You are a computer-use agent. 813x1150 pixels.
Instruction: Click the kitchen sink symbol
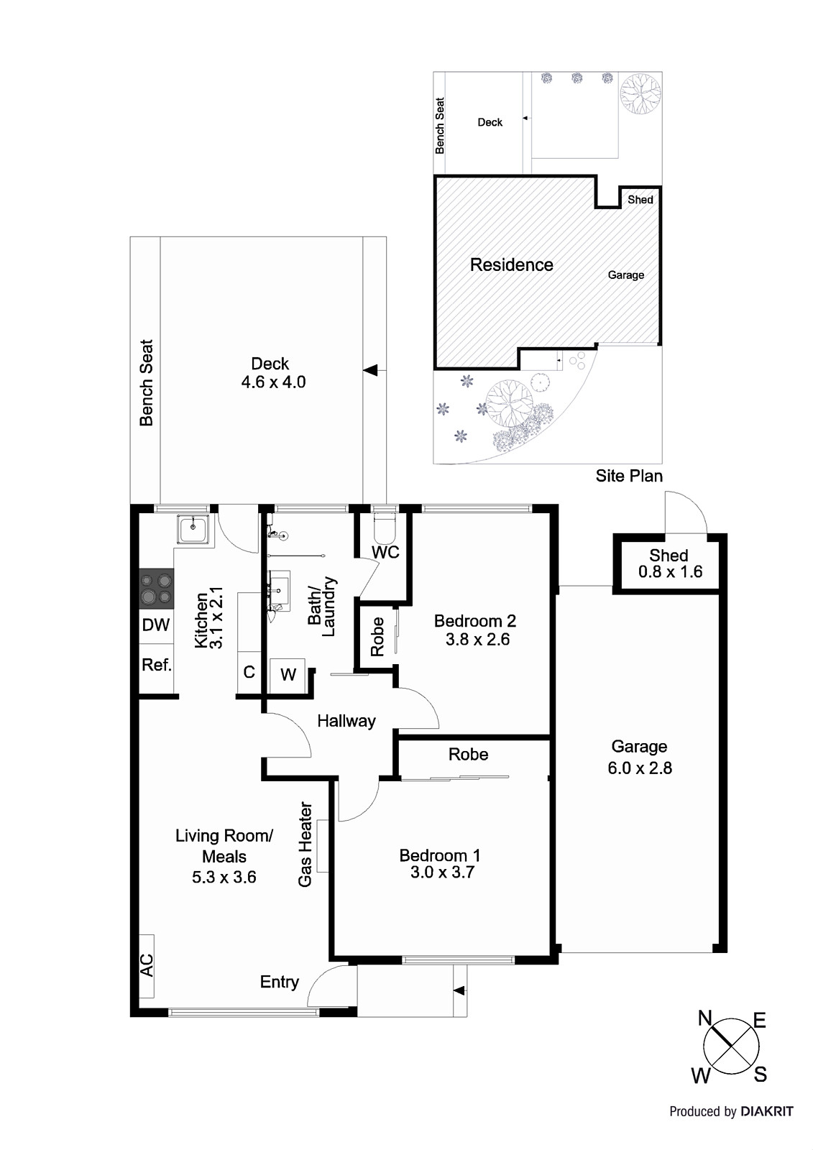coord(193,530)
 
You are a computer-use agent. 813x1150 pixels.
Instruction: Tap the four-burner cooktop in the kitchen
coord(156,588)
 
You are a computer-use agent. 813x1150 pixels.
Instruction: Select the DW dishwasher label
coord(155,625)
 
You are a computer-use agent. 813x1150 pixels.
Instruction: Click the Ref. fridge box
coord(156,666)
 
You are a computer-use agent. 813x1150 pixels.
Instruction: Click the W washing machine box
coord(288,674)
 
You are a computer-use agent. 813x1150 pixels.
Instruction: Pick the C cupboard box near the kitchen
coord(249,673)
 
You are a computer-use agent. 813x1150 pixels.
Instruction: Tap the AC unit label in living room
coord(146,965)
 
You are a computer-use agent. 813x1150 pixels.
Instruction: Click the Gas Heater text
coord(306,845)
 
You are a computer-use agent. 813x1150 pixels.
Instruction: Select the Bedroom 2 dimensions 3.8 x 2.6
coord(477,640)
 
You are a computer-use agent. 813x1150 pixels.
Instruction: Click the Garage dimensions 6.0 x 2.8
coord(639,768)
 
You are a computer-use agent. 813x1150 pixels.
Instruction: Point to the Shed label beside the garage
coord(669,556)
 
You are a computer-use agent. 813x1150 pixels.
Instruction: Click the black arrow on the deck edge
coord(370,370)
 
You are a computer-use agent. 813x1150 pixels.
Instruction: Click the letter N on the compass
coord(704,1018)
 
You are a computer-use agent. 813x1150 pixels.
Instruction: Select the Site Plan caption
coord(629,476)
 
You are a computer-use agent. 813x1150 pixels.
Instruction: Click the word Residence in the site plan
coord(511,265)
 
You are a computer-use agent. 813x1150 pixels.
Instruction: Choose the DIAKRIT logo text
coord(767,1112)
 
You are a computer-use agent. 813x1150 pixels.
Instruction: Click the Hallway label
coord(346,721)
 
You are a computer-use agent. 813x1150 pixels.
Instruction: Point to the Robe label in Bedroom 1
coord(468,754)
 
